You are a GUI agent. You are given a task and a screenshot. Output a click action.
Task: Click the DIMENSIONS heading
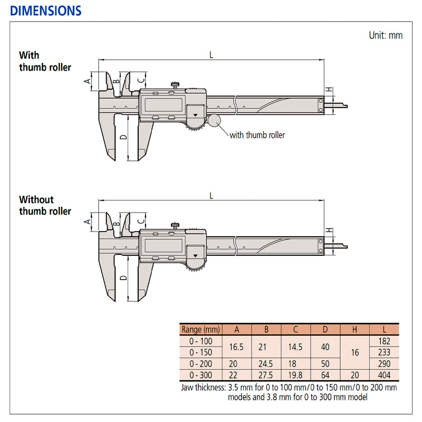[x=46, y=11]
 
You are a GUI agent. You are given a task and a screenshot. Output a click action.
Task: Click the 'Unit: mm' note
[x=386, y=35]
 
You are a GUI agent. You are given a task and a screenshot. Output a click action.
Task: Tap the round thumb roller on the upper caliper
[x=214, y=120]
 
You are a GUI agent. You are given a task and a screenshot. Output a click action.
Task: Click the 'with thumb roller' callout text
[x=257, y=135]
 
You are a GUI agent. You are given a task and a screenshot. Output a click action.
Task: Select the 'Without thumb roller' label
[x=45, y=206]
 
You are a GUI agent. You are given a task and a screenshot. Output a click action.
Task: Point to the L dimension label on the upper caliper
[x=211, y=54]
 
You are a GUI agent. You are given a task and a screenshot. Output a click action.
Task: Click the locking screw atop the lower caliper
[x=174, y=225]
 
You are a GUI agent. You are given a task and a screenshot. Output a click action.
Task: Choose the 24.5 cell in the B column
[x=266, y=363]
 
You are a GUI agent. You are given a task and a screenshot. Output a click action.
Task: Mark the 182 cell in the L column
[x=384, y=341]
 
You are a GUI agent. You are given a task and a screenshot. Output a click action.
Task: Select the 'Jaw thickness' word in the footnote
[x=203, y=387]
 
